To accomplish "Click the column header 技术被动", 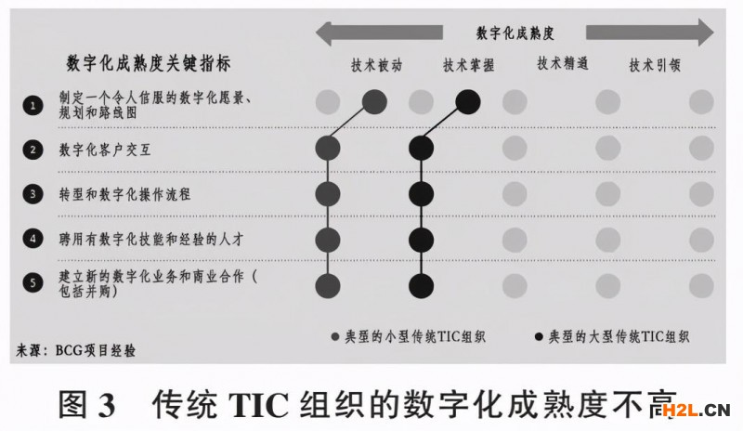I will coord(376,66).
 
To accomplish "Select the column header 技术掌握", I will coord(468,66).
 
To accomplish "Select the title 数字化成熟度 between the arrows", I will coord(515,33).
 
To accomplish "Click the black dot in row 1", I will coord(468,99).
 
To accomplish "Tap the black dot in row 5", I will coord(422,285).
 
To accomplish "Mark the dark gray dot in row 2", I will coord(328,147).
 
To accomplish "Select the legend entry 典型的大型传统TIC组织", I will coord(612,335).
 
